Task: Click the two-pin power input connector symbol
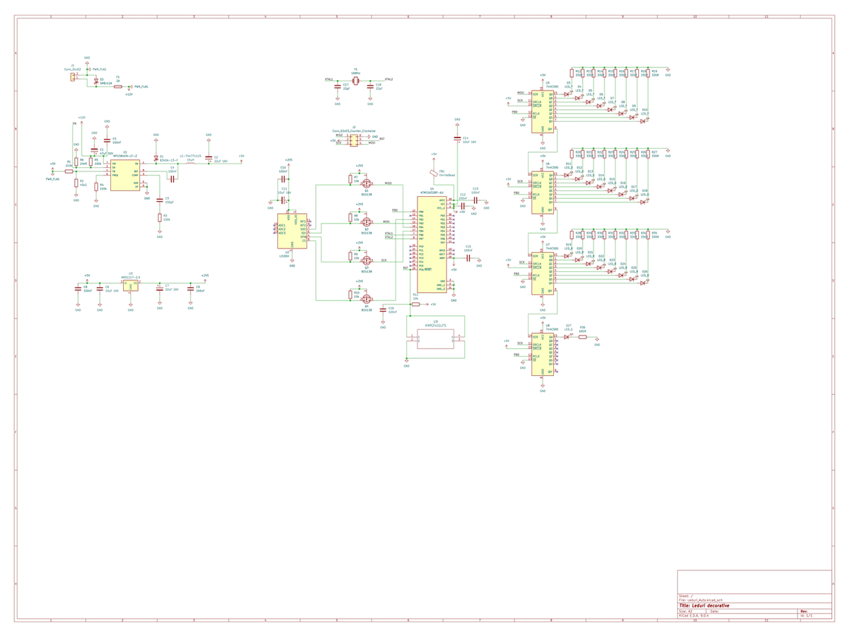[x=73, y=76]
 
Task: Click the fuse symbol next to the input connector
[x=118, y=86]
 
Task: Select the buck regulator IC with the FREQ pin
[x=125, y=175]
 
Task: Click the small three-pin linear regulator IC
[x=130, y=285]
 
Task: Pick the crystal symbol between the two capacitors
[x=355, y=82]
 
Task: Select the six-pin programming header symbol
[x=354, y=140]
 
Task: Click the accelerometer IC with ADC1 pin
[x=291, y=231]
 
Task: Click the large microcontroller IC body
[x=432, y=244]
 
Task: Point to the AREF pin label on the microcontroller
[x=441, y=258]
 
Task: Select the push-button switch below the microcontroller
[x=435, y=338]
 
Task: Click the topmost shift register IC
[x=543, y=111]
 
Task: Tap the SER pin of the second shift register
[x=536, y=176]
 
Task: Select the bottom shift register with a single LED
[x=543, y=354]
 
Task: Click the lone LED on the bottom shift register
[x=568, y=337]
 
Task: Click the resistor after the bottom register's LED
[x=582, y=337]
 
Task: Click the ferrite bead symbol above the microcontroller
[x=434, y=172]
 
